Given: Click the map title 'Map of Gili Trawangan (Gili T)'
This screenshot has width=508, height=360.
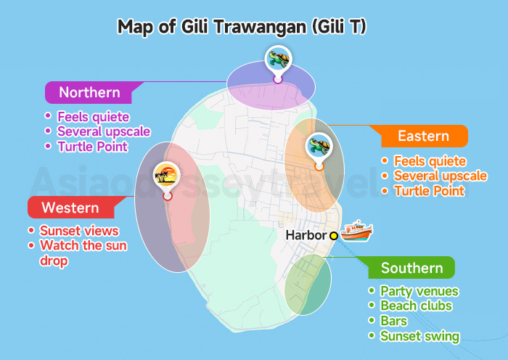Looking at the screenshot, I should click(x=242, y=27).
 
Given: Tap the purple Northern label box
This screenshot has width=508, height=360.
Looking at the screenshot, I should click(x=89, y=92).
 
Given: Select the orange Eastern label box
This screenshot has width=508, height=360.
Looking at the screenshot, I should click(x=423, y=136).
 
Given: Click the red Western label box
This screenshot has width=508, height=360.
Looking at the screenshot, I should click(x=70, y=208).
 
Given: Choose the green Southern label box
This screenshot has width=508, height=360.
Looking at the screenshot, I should click(x=411, y=268).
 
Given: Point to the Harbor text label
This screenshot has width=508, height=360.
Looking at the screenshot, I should click(x=305, y=235).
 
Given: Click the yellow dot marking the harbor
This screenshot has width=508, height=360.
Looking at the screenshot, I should click(x=334, y=235).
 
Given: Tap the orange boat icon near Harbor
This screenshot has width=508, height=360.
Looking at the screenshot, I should click(x=356, y=230).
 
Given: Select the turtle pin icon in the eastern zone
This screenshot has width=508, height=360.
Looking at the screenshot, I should click(x=319, y=145).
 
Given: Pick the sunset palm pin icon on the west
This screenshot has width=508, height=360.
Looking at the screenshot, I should click(x=168, y=174).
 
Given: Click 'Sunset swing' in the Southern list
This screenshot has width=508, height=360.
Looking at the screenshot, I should click(x=419, y=336).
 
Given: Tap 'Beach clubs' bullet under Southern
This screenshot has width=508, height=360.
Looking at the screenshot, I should click(x=416, y=306).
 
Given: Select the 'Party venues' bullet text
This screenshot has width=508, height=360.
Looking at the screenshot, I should click(x=419, y=291).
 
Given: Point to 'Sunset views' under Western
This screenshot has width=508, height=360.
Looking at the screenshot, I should click(x=78, y=231).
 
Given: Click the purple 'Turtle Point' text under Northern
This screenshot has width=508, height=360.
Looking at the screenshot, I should click(x=92, y=147).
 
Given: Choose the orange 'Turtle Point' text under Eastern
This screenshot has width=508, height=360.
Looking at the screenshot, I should click(x=429, y=192).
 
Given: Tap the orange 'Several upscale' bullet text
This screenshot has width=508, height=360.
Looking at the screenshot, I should click(x=440, y=176).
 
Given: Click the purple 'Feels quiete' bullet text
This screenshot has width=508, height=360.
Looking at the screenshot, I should click(x=93, y=116).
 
